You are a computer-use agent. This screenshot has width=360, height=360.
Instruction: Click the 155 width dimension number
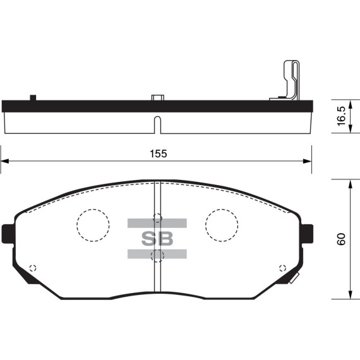coord(158,153)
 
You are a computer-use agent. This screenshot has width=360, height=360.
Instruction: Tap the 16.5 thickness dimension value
coord(342,116)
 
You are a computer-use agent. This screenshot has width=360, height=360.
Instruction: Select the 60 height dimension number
coord(342,239)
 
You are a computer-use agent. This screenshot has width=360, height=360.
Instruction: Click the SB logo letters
coord(157,239)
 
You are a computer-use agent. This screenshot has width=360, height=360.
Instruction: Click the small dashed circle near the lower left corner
coord(33,268)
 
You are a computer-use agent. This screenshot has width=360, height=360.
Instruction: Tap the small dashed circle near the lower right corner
coord(282,268)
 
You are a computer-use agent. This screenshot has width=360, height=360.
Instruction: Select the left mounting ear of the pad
coord(8,234)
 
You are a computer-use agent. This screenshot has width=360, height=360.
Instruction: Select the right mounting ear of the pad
coord(307,234)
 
